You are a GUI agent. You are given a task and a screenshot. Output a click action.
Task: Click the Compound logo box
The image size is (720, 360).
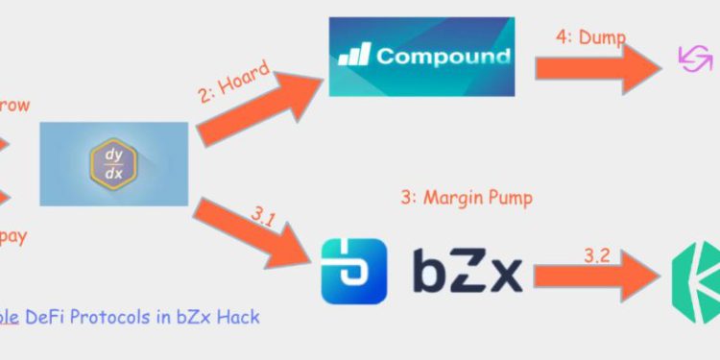pos(421,57)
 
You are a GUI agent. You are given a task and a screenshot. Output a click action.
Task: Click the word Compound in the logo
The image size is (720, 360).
pos(443,56)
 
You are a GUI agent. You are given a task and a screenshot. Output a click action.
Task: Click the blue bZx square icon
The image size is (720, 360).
pos(353,272)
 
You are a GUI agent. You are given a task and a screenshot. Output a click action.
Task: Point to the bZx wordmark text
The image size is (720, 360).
pos(468,271)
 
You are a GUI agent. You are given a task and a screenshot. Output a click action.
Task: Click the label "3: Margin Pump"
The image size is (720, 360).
pos(467,198)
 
